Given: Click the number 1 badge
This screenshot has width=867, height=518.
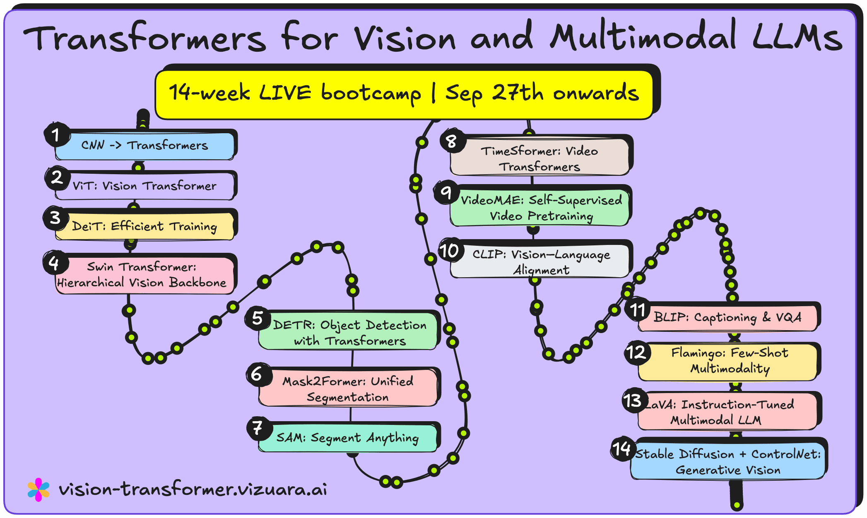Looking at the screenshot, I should click(x=56, y=134).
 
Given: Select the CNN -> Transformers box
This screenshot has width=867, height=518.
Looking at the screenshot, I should click(x=145, y=146).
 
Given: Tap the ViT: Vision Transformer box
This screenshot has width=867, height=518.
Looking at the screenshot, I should click(x=145, y=186).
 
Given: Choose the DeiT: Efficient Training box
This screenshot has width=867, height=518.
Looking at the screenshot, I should click(x=145, y=226).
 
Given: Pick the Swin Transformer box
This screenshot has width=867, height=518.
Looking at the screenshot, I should click(x=145, y=275).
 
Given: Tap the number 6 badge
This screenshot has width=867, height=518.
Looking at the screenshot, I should click(x=258, y=374).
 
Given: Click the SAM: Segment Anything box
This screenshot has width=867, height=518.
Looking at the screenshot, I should click(x=348, y=438).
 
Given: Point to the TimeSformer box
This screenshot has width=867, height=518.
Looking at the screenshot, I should click(x=539, y=158).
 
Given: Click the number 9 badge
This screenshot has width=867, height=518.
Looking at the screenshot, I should click(x=446, y=192).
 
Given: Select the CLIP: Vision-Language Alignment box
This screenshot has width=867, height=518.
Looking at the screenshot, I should click(x=540, y=262).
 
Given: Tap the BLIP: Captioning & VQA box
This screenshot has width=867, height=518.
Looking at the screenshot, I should click(x=728, y=318).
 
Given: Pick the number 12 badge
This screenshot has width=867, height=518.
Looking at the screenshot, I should click(x=637, y=353).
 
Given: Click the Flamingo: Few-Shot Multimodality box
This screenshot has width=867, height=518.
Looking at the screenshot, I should click(x=729, y=361).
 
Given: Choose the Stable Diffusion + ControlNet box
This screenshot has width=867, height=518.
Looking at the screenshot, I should click(x=728, y=462).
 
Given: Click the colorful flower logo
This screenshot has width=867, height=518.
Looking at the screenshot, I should click(x=39, y=489).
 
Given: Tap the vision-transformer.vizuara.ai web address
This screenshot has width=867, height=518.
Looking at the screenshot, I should click(x=193, y=489).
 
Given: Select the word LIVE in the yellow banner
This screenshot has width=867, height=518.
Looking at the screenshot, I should click(x=285, y=93).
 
